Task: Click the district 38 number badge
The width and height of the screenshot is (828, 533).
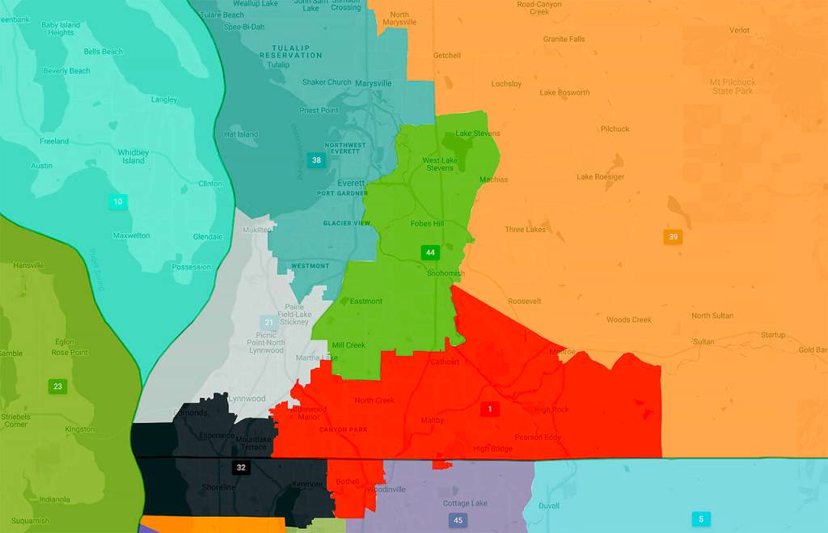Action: pyautogui.click(x=317, y=160)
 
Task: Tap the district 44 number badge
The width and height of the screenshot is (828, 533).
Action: pyautogui.click(x=430, y=252)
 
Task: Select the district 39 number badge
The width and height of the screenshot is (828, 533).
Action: pyautogui.click(x=672, y=237)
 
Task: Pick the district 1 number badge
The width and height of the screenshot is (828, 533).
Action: pyautogui.click(x=489, y=409)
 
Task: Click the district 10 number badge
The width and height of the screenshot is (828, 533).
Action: pyautogui.click(x=118, y=201)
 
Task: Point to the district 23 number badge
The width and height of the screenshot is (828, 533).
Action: pyautogui.click(x=57, y=387)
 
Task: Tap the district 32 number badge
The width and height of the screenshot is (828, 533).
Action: pyautogui.click(x=241, y=467)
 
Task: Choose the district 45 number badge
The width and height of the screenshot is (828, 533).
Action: pyautogui.click(x=458, y=520)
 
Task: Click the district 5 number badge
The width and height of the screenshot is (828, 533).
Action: pyautogui.click(x=701, y=518)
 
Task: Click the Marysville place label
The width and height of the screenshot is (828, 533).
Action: pyautogui.click(x=374, y=83)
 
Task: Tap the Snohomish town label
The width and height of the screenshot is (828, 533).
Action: pyautogui.click(x=446, y=273)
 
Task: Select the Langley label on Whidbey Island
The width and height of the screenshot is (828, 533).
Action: pyautogui.click(x=164, y=99)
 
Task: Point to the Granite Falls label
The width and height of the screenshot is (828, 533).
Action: pyautogui.click(x=564, y=39)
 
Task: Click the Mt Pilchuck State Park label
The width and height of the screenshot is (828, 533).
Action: pyautogui.click(x=732, y=87)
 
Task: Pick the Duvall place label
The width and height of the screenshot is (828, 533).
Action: pyautogui.click(x=548, y=505)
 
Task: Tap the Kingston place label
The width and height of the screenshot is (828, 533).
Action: pyautogui.click(x=79, y=429)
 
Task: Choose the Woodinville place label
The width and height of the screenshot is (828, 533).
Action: pyautogui.click(x=386, y=490)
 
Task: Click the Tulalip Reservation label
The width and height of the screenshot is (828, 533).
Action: pyautogui.click(x=291, y=51)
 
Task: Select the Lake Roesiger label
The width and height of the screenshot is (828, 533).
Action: pyautogui.click(x=600, y=176)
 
